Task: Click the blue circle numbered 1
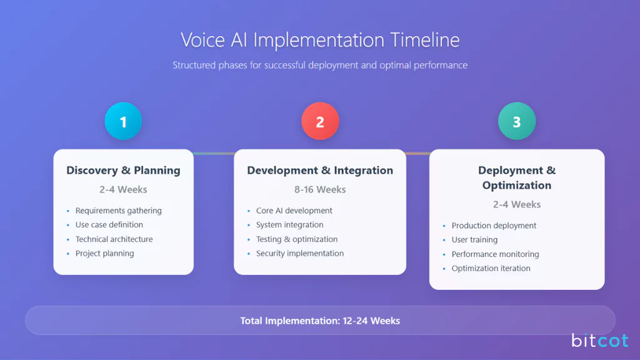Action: (x=123, y=121)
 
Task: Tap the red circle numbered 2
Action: (x=320, y=121)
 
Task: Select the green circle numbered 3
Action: (x=516, y=121)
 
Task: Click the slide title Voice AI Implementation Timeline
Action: (x=320, y=40)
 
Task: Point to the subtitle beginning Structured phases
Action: (x=320, y=65)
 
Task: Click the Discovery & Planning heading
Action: (x=123, y=170)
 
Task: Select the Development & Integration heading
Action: (x=320, y=170)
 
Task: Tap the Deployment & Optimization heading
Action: (x=516, y=177)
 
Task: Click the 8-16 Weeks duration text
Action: (x=320, y=189)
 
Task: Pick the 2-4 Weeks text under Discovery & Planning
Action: (x=123, y=189)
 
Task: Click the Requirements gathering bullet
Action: (x=118, y=211)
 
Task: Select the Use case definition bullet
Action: (x=109, y=225)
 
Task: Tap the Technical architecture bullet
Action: (x=114, y=239)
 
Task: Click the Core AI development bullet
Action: (x=294, y=211)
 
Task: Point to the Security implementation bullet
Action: (x=299, y=254)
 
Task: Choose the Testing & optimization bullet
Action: (x=296, y=239)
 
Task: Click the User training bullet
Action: (x=474, y=240)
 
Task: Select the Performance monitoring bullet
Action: (x=495, y=254)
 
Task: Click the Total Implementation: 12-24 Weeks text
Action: (x=320, y=321)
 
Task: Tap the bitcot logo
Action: (x=599, y=341)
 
